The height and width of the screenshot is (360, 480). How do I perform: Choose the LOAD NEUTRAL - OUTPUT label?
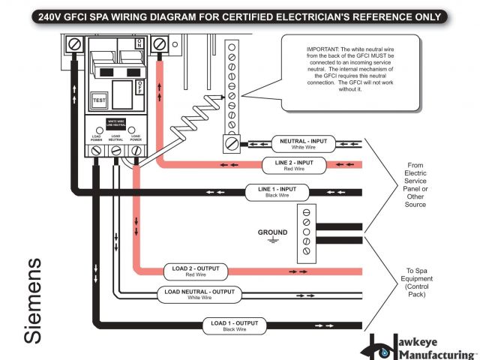click(x=200, y=293)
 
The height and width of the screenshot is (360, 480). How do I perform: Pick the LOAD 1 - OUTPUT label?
click(x=235, y=325)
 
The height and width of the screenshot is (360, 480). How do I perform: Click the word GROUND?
click(x=273, y=232)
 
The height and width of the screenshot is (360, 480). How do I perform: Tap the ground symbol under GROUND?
click(x=273, y=241)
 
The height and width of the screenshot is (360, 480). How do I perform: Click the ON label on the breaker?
click(x=139, y=44)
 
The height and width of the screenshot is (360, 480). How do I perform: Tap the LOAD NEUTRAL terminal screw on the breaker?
click(x=116, y=151)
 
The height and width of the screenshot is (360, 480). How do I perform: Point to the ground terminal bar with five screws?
click(x=305, y=232)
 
